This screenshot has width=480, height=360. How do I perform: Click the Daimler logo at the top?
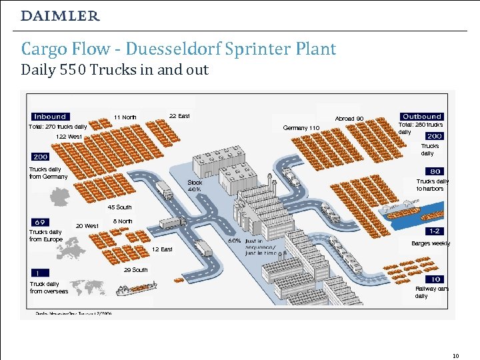[60, 15]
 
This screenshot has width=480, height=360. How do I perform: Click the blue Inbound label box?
[49, 117]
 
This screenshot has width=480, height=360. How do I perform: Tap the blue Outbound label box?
[421, 116]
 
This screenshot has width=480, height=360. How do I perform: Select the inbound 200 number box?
[39, 157]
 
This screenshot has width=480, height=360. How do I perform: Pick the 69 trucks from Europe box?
[39, 221]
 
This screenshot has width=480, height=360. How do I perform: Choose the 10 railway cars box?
[435, 279]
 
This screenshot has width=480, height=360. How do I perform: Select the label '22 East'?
[179, 116]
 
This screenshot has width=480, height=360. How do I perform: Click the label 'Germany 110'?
[301, 127]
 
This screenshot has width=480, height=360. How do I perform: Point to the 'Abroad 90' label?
[349, 119]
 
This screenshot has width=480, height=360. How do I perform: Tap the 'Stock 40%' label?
[195, 185]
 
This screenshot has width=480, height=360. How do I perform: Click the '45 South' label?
[120, 207]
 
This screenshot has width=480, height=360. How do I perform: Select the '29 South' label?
[136, 270]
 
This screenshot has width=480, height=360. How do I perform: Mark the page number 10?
[455, 355]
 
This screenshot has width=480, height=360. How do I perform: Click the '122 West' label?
[69, 137]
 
